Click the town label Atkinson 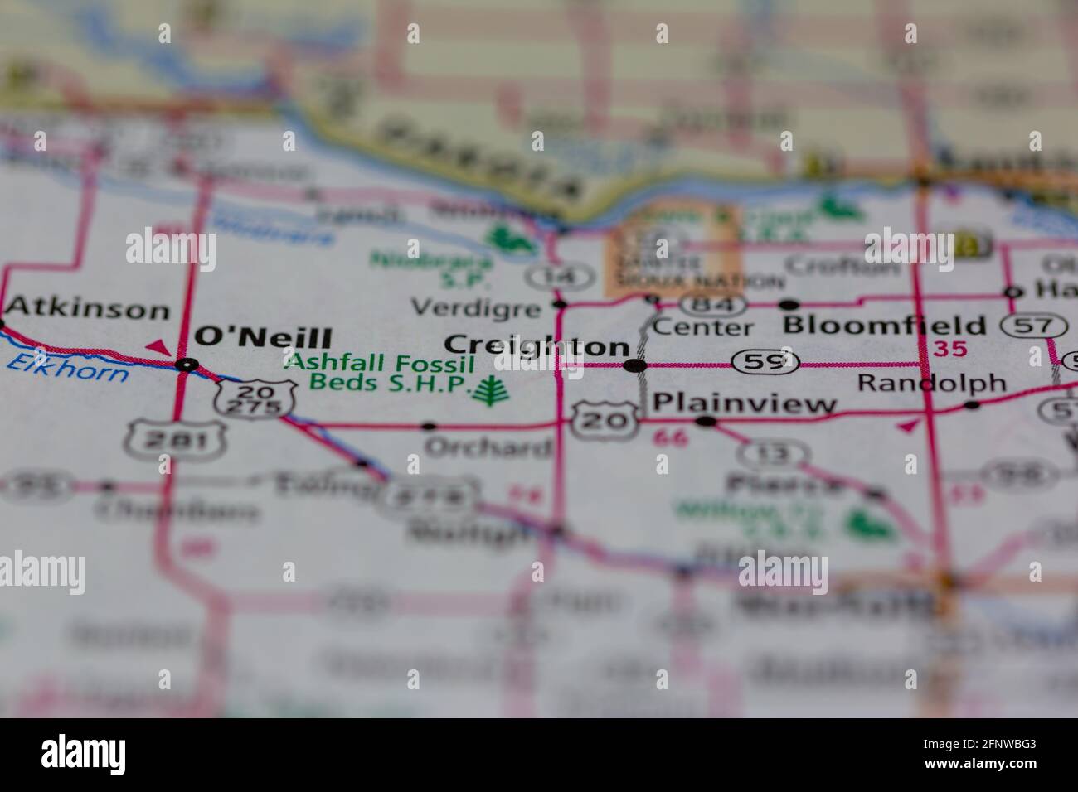point(87,310)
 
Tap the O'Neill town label point(262,338)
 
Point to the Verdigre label point(475,308)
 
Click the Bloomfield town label point(885,324)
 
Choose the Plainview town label point(745,403)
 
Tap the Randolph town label point(931,383)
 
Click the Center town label point(702,327)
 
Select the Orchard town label point(488,447)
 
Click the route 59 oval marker point(765,361)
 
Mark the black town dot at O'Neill point(189,364)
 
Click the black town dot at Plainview point(706,422)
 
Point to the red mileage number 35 point(950,350)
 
